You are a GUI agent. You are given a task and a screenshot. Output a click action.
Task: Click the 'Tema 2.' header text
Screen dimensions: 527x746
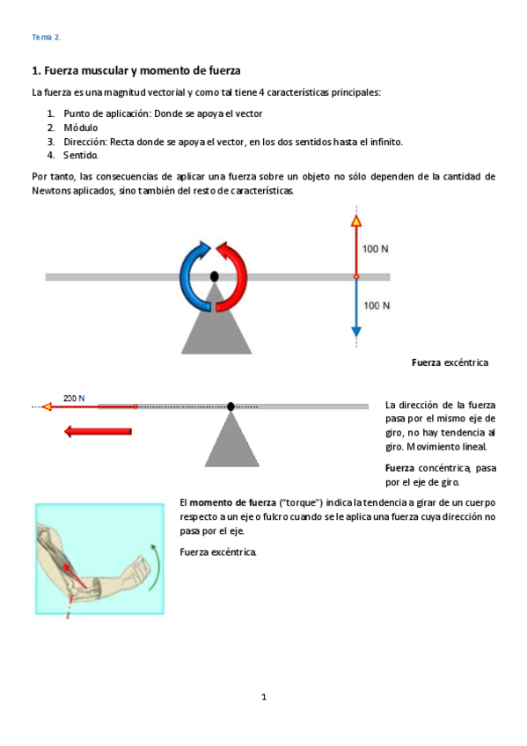coord(46,37)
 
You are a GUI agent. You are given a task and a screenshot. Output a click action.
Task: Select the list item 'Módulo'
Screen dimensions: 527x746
coord(80,128)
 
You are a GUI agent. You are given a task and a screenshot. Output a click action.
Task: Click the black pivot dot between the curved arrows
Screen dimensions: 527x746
coord(214,276)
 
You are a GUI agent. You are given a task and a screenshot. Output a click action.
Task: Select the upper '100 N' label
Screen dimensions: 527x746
coord(376,249)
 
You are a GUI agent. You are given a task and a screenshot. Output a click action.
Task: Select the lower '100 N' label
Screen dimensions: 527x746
coord(376,305)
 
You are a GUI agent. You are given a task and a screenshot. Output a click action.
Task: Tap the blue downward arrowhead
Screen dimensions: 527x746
coord(355,333)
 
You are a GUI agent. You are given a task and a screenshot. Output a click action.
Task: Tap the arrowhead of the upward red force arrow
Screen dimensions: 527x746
coord(355,220)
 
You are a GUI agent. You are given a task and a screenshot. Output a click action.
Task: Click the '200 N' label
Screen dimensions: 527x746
coord(74,398)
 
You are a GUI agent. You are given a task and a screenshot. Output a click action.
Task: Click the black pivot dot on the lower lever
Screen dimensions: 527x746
coord(231,406)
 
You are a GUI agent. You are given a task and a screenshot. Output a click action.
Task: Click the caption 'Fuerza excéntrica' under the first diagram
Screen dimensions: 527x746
coord(450,362)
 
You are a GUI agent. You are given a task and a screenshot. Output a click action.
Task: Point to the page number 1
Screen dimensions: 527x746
coord(263,698)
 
